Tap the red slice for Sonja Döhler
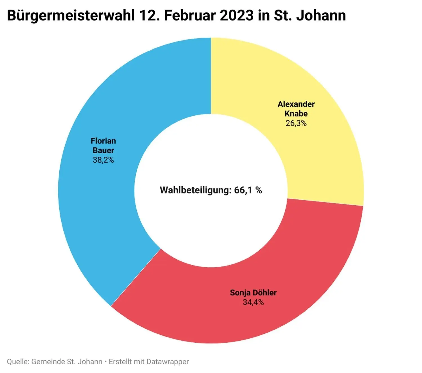pos(225,315)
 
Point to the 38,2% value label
pos(103,160)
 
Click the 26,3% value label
pos(296,123)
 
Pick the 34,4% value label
pos(253,302)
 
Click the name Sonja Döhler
pos(253,293)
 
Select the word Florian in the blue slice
pos(103,141)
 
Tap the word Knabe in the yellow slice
pos(296,114)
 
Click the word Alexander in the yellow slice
pos(296,104)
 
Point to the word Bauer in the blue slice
pos(103,150)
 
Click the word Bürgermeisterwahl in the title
pos(71,16)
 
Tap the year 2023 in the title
pos(237,16)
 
